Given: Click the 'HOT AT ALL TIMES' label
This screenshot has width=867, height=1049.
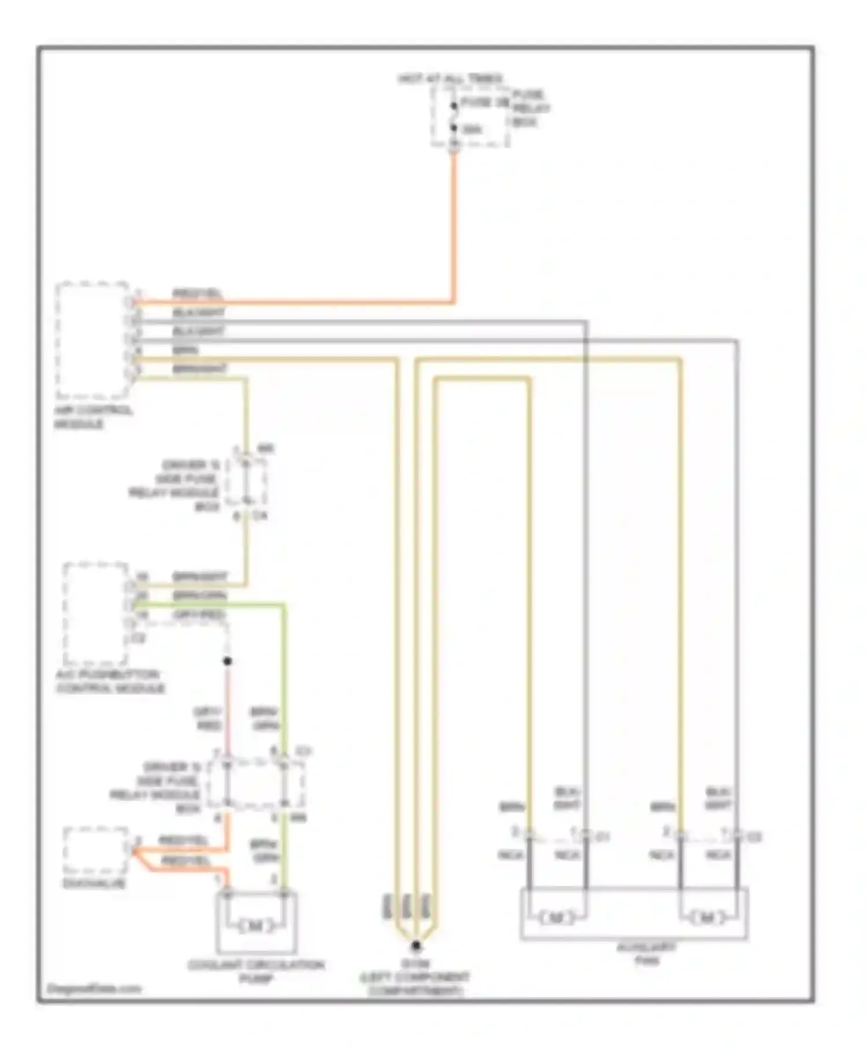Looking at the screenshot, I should point(450,78).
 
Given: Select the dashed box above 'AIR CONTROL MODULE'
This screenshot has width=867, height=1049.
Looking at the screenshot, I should point(92,340).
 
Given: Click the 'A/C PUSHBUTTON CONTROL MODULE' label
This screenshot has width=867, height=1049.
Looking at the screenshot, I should point(110,681).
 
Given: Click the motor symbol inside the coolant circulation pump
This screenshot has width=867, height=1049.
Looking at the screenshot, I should point(256,926).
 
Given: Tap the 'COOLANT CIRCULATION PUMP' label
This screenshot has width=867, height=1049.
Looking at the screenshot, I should point(256,971).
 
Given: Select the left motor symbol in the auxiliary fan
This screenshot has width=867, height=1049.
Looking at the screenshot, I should point(555,917).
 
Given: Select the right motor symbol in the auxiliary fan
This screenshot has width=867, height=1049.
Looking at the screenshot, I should point(706,917).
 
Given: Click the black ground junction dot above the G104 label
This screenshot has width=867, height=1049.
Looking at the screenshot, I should point(416,947).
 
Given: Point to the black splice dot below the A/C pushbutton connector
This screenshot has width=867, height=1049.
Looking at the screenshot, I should point(228,661).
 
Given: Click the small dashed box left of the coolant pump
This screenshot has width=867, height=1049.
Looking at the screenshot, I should point(95,850).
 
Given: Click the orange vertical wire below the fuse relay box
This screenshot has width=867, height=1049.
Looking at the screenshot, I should point(454,226).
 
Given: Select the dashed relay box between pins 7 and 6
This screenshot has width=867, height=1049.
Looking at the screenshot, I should point(255,784).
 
